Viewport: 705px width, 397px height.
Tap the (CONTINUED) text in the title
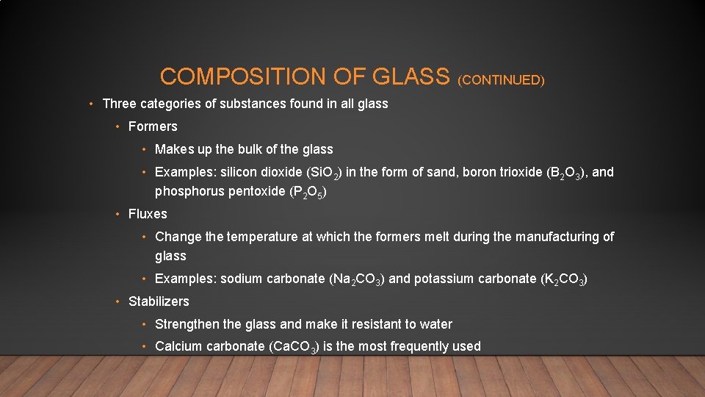pyautogui.click(x=501, y=80)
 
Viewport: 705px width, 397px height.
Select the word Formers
pyautogui.click(x=153, y=126)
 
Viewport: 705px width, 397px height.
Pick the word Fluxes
pyautogui.click(x=148, y=214)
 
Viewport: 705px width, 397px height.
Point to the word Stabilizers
pyautogui.click(x=159, y=301)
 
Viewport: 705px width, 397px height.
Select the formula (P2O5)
pyautogui.click(x=303, y=193)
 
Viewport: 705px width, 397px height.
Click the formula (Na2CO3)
pyautogui.click(x=356, y=279)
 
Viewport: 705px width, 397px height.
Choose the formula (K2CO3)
pyautogui.click(x=564, y=279)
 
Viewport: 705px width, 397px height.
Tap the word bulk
pyautogui.click(x=251, y=149)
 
